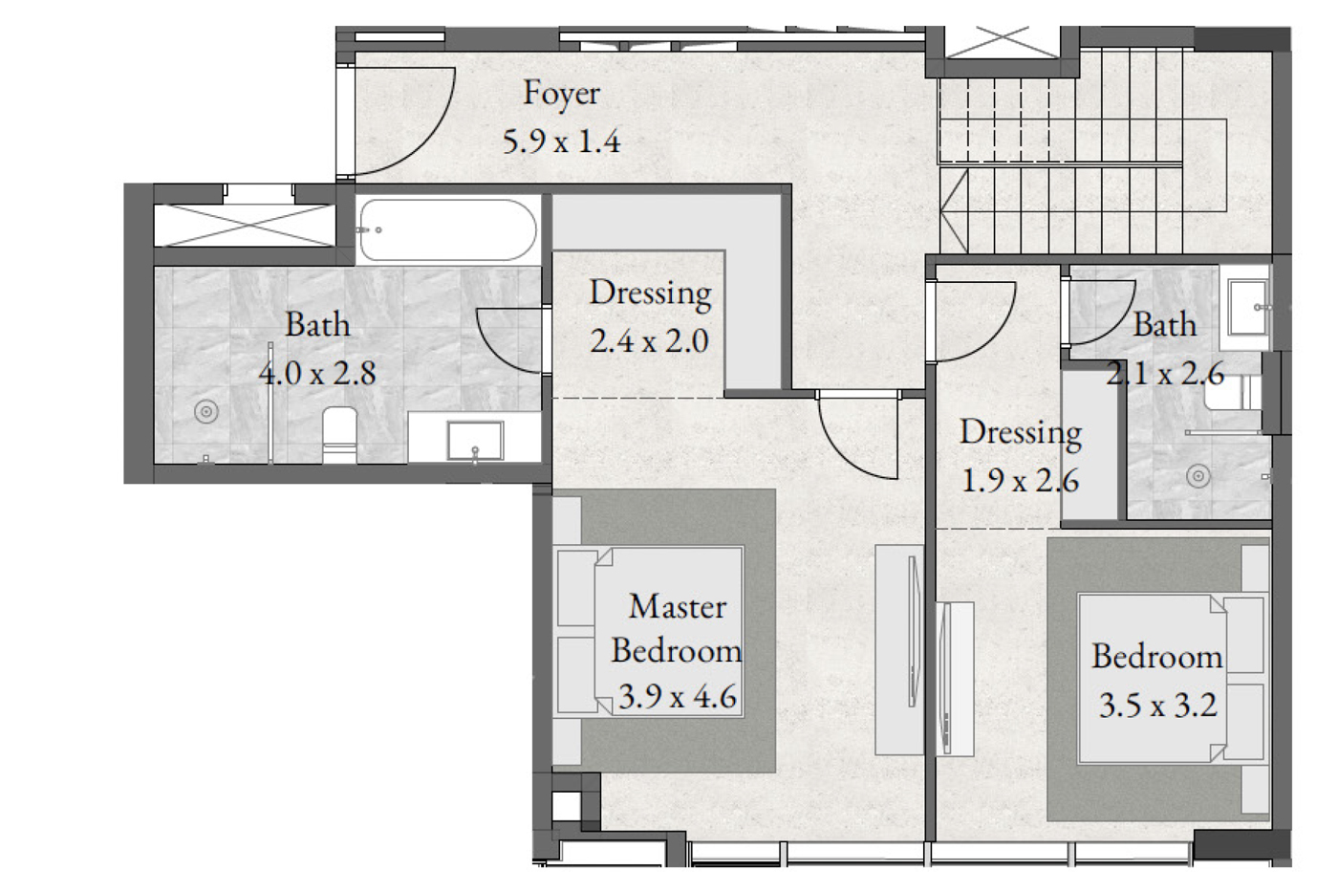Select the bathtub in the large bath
pyautogui.click(x=448, y=230)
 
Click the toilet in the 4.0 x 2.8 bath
pyautogui.click(x=339, y=435)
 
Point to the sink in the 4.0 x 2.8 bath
pyautogui.click(x=476, y=441)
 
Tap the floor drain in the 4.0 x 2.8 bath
pyautogui.click(x=206, y=411)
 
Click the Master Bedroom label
pyautogui.click(x=677, y=628)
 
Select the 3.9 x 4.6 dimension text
pyautogui.click(x=678, y=697)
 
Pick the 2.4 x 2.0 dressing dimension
pyautogui.click(x=649, y=341)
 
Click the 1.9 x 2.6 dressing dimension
pyautogui.click(x=1021, y=481)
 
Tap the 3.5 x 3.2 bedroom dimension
pyautogui.click(x=1157, y=706)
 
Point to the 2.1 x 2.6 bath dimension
pyautogui.click(x=1165, y=374)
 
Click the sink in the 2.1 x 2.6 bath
pyautogui.click(x=1247, y=308)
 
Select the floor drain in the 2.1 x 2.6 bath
pyautogui.click(x=1198, y=476)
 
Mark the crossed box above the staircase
pyautogui.click(x=1003, y=42)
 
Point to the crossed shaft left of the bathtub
pyautogui.click(x=245, y=226)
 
